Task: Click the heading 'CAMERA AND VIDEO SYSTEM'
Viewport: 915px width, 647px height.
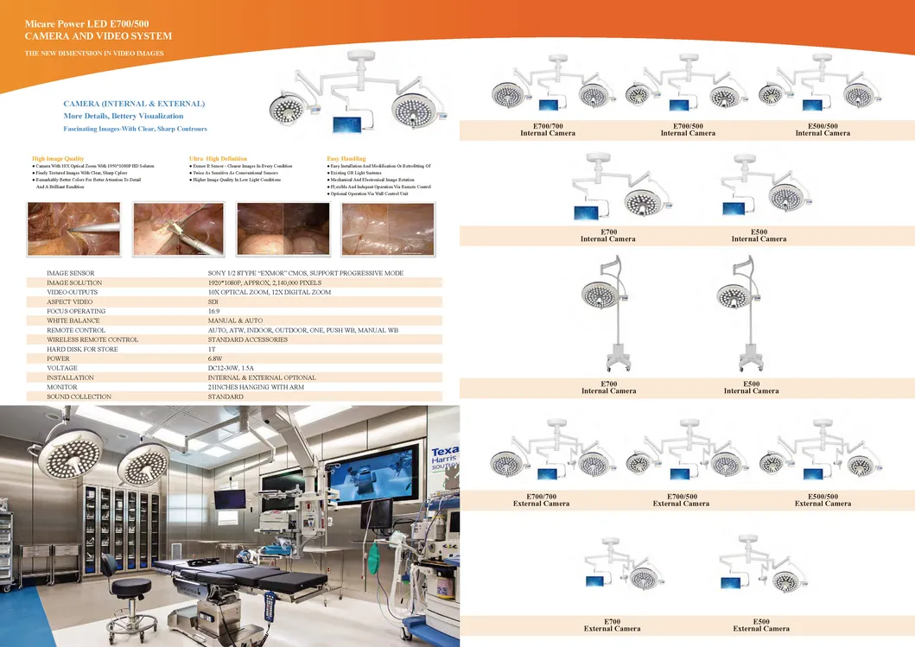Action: [98, 36]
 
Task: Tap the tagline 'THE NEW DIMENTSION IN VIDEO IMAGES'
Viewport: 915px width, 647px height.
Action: [94, 54]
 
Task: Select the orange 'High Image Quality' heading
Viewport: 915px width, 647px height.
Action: [58, 159]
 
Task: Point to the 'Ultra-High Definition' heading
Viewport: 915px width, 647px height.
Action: [218, 159]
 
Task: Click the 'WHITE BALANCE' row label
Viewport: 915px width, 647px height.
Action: [76, 320]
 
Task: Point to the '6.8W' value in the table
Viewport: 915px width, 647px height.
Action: [216, 358]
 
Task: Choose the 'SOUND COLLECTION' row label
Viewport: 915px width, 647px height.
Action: [79, 396]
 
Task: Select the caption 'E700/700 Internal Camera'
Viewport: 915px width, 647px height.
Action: [548, 130]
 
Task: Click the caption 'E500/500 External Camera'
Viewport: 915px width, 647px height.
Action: [823, 500]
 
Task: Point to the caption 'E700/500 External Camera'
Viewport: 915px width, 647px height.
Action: [681, 500]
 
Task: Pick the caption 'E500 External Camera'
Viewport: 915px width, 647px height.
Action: [761, 625]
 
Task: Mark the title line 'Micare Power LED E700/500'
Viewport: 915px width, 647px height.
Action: [86, 21]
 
